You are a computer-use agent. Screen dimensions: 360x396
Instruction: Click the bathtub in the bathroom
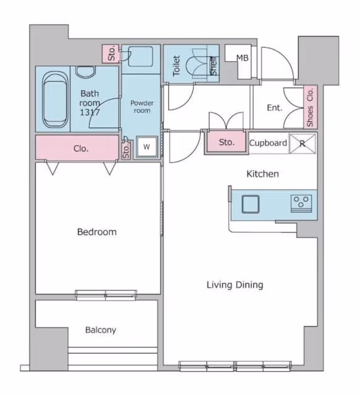(55, 99)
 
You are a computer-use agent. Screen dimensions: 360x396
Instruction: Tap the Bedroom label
(97, 232)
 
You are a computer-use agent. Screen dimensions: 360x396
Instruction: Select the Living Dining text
(235, 285)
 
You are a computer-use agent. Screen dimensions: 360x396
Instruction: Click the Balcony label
(101, 330)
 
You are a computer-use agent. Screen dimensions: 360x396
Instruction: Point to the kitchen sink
(251, 204)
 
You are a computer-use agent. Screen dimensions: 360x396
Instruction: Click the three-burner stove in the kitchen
(301, 204)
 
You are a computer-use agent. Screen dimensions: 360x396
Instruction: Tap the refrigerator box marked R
(302, 144)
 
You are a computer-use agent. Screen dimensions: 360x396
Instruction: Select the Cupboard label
(268, 143)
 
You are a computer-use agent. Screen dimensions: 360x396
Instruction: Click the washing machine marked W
(147, 147)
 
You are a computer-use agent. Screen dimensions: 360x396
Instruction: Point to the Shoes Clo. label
(310, 107)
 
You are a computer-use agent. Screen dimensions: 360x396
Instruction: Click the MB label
(242, 58)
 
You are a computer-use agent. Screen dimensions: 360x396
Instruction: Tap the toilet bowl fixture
(197, 63)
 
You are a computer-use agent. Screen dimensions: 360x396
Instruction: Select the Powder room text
(142, 107)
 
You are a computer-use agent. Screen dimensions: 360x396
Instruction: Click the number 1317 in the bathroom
(90, 112)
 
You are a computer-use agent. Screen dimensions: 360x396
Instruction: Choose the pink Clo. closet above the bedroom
(77, 148)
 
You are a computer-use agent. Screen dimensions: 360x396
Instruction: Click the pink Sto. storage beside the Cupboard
(226, 142)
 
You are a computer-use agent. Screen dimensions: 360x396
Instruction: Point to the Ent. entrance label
(275, 108)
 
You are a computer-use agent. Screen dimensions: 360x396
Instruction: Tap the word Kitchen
(262, 174)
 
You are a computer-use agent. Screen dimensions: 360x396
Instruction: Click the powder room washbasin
(140, 56)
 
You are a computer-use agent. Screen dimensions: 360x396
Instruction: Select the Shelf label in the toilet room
(213, 66)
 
